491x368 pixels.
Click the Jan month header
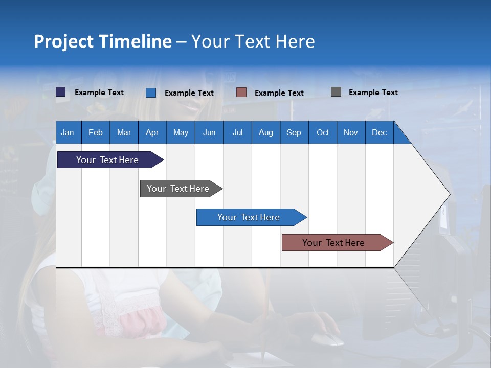point(68,132)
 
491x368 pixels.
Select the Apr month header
point(152,132)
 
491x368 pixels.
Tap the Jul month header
point(237,132)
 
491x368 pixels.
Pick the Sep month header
point(294,132)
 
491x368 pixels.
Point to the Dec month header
point(379,132)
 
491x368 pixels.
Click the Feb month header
point(96,132)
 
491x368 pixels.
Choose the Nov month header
point(350,132)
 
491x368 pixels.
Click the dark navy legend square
point(61,92)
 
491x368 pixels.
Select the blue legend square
point(151,93)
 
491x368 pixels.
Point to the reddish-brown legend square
point(241,93)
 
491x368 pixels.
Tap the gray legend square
point(336,92)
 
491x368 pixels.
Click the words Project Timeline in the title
point(102,41)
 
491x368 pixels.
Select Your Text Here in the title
point(253,41)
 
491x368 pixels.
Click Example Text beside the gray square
point(373,93)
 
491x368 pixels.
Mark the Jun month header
point(209,132)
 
